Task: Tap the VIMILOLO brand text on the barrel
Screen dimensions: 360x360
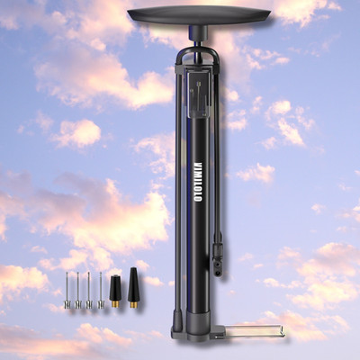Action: click(x=199, y=182)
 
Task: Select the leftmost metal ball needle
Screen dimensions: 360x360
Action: click(x=67, y=291)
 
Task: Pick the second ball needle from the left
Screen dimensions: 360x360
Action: click(x=77, y=291)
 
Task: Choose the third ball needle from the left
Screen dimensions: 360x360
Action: click(x=89, y=291)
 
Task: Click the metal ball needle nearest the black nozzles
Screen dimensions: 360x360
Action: click(x=101, y=291)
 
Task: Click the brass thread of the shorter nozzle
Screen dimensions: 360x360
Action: click(x=115, y=304)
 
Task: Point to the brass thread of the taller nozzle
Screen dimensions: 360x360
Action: click(x=134, y=304)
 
